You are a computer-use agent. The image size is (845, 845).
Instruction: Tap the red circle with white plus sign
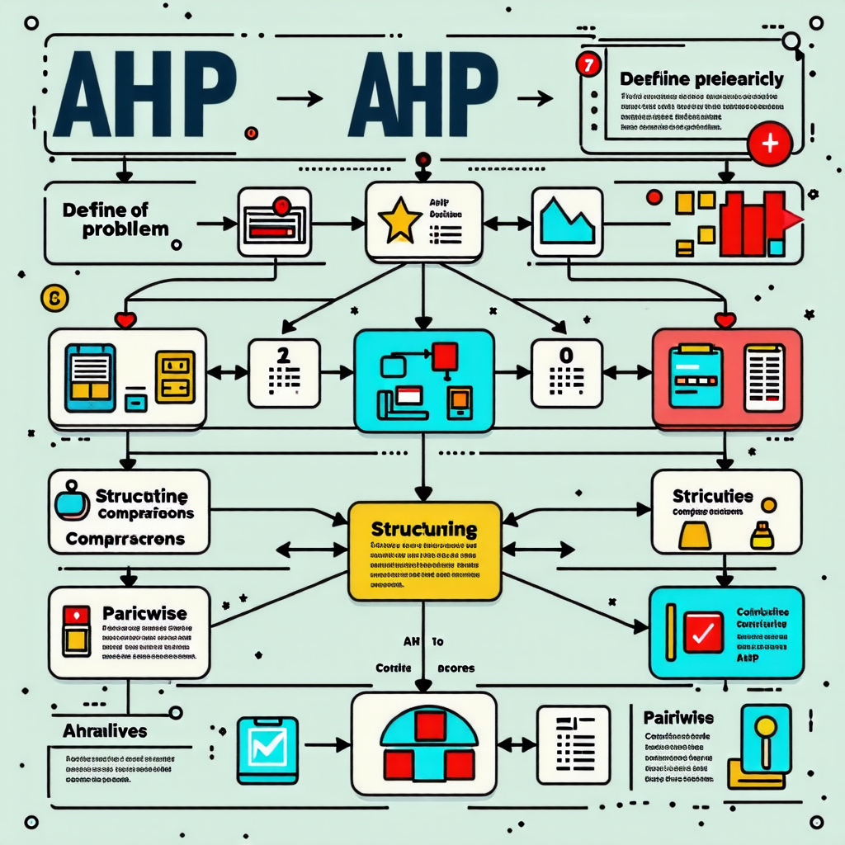coord(769,144)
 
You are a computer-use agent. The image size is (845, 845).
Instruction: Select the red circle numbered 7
coord(588,67)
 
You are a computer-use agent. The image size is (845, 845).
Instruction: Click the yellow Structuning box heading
coord(424,528)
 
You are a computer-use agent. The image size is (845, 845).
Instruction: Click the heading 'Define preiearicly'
coord(700,80)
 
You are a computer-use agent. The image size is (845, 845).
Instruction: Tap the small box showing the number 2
coord(283,373)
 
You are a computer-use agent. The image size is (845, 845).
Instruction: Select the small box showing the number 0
coord(565,373)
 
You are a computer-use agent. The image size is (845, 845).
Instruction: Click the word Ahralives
coord(105,731)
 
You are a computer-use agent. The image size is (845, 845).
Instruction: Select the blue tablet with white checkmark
coord(266,749)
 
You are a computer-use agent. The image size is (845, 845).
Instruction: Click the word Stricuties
coord(712,496)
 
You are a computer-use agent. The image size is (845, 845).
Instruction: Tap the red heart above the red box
coord(725,319)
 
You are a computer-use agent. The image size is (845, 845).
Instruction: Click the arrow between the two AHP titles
coord(300,99)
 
